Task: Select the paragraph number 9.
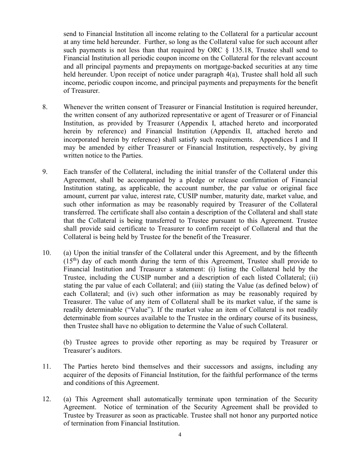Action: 45,172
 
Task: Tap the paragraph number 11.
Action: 46,366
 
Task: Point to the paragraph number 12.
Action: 46,399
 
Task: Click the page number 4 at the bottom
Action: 180,435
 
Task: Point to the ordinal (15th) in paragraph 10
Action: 71,261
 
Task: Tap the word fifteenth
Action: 305,253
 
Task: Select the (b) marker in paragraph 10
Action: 68,342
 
